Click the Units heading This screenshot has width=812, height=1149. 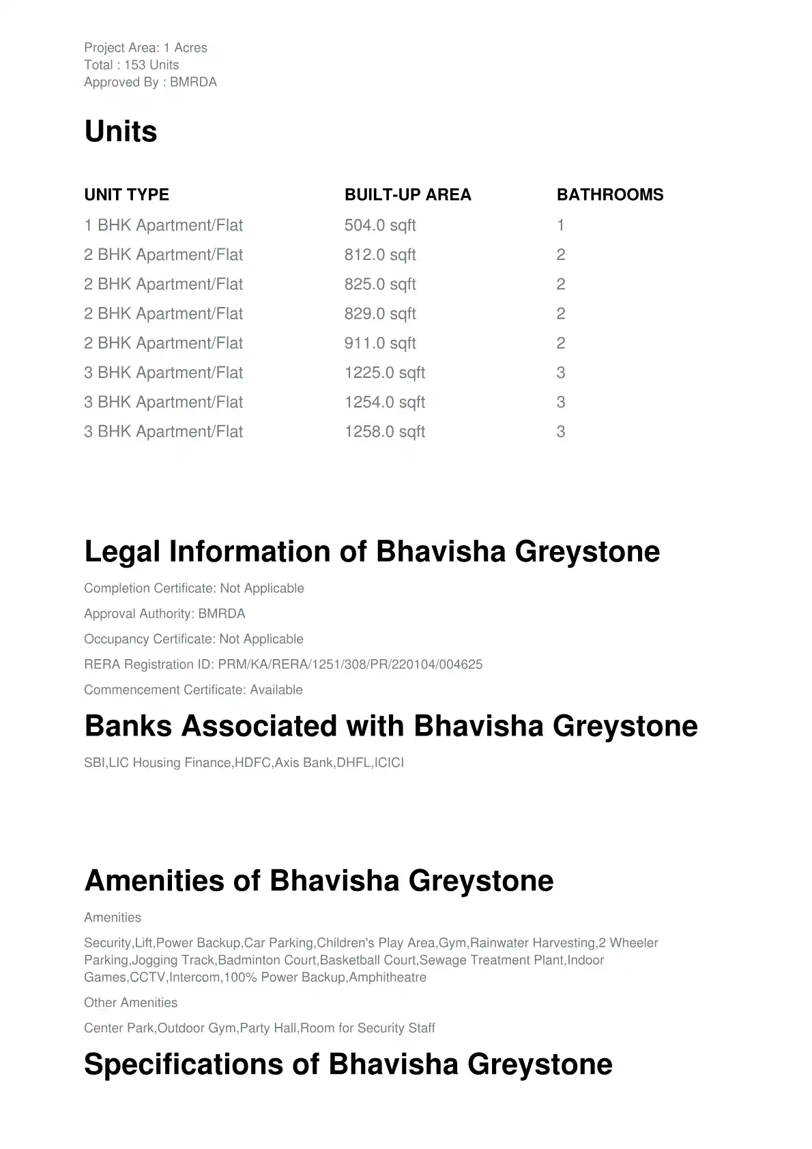tap(121, 131)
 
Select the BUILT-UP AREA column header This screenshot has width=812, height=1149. tap(407, 194)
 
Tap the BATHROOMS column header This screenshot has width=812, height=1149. tap(609, 194)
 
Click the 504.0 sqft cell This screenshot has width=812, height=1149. tap(380, 225)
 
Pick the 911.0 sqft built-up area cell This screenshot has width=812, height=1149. tap(380, 343)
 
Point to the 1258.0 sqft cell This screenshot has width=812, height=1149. tap(384, 432)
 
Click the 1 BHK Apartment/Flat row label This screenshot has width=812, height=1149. tap(163, 225)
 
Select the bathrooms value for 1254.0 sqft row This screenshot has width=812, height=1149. tap(561, 403)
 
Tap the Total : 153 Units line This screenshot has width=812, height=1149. tap(132, 65)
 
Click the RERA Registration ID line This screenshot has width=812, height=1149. tap(283, 665)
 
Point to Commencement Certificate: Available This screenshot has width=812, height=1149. tap(193, 690)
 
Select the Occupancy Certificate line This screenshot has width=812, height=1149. tap(194, 639)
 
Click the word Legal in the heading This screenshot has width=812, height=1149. tap(122, 551)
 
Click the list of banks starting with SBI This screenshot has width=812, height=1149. tap(244, 763)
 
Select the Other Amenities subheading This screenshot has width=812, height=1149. tap(130, 1003)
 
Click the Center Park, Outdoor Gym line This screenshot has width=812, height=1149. tap(259, 1028)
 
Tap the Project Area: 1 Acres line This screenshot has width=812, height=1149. tap(145, 48)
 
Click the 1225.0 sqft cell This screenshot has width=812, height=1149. tap(384, 373)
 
